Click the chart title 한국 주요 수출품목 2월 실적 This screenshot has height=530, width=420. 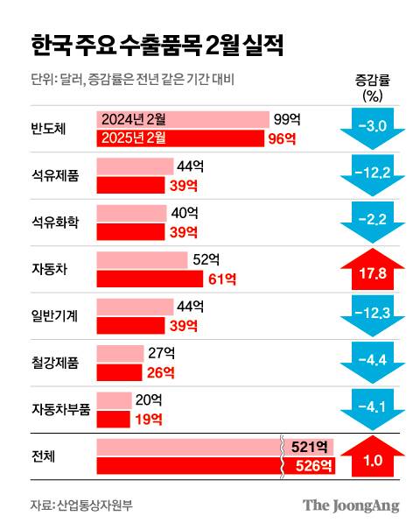(157, 45)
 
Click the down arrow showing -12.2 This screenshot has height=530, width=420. (372, 172)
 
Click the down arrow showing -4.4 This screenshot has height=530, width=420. (372, 359)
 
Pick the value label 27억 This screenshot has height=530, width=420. (163, 354)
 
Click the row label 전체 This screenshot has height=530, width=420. (43, 457)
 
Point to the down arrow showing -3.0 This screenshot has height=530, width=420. (372, 126)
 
